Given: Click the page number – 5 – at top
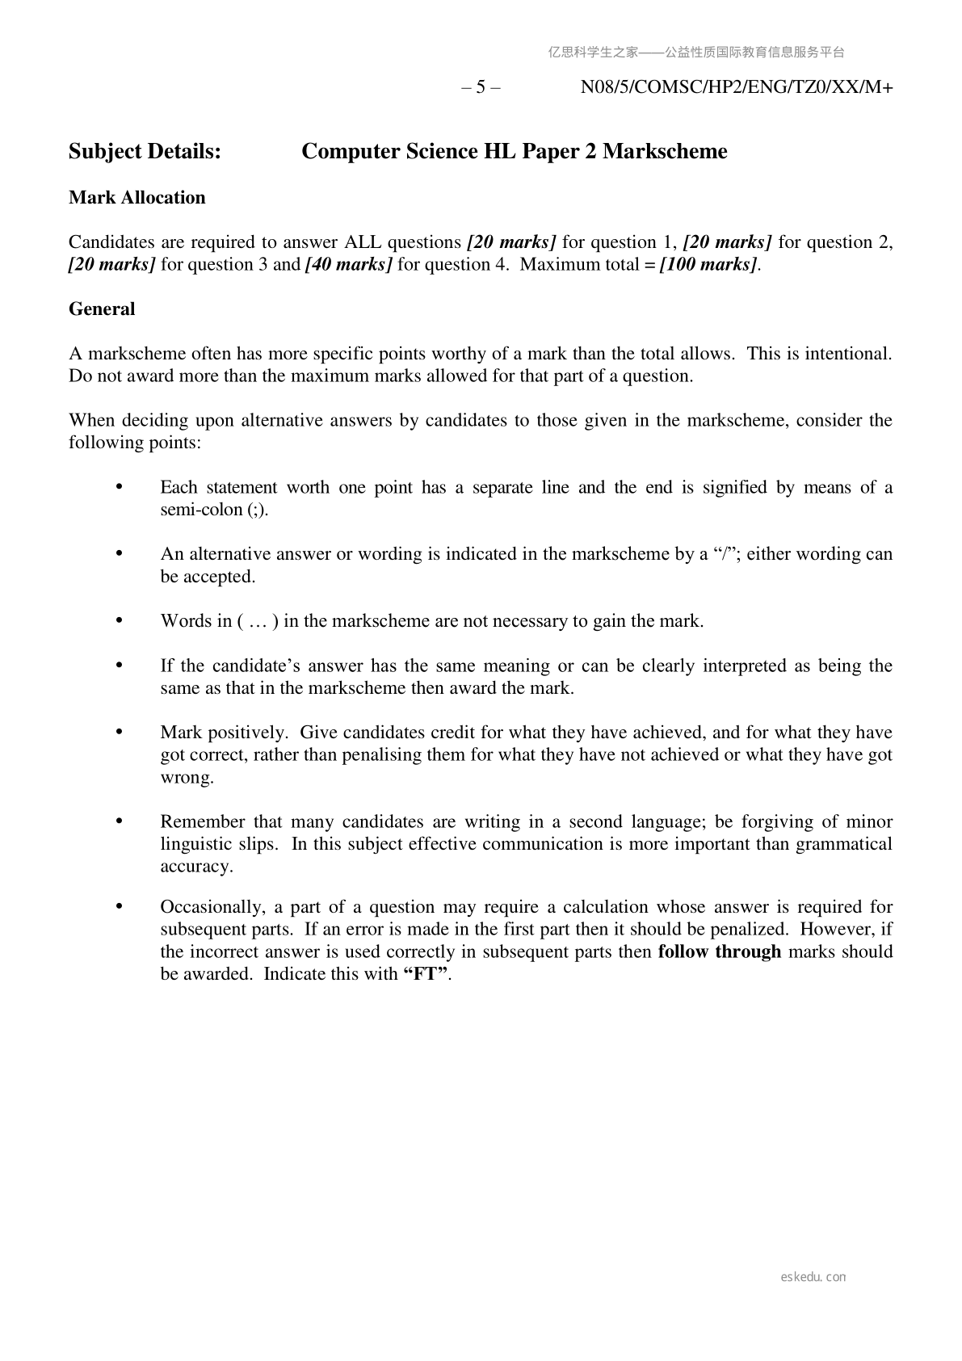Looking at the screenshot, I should click(481, 88).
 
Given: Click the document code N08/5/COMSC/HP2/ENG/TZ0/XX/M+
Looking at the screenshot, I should click(736, 88).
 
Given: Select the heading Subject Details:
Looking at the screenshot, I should click(145, 152).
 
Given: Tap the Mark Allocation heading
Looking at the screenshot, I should click(137, 198).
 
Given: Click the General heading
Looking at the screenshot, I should click(102, 309).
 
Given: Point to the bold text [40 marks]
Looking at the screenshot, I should click(349, 265).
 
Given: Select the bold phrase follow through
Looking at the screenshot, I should click(719, 951).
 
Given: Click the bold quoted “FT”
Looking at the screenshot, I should click(425, 974).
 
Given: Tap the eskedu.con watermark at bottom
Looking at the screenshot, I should click(813, 1277).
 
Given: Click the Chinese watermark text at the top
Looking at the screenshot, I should click(696, 53).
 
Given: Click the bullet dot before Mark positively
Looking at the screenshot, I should click(120, 732).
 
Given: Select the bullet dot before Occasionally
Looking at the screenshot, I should click(120, 906).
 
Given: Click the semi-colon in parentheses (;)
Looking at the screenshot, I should click(256, 510).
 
